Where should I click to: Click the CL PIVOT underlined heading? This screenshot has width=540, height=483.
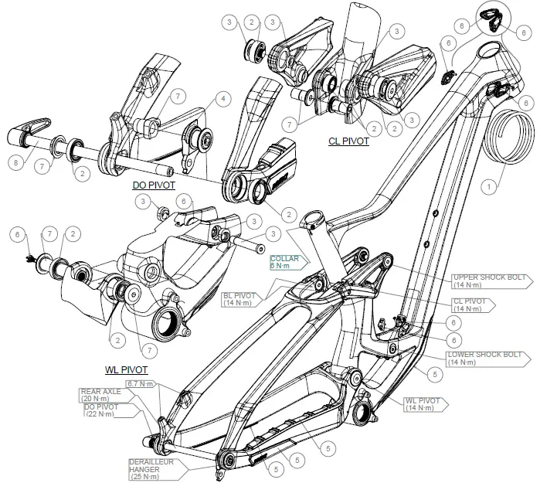[x=348, y=141]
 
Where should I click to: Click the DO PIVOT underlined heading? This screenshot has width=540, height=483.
[x=155, y=185]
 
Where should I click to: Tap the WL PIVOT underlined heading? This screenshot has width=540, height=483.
[x=125, y=370]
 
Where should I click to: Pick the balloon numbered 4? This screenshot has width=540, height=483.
[x=222, y=98]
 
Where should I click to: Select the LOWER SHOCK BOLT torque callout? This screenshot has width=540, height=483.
[x=480, y=358]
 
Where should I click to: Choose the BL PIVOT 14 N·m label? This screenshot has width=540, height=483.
[x=241, y=299]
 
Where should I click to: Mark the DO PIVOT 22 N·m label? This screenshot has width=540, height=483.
[x=106, y=410]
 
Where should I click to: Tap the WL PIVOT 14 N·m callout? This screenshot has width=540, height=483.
[x=423, y=404]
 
